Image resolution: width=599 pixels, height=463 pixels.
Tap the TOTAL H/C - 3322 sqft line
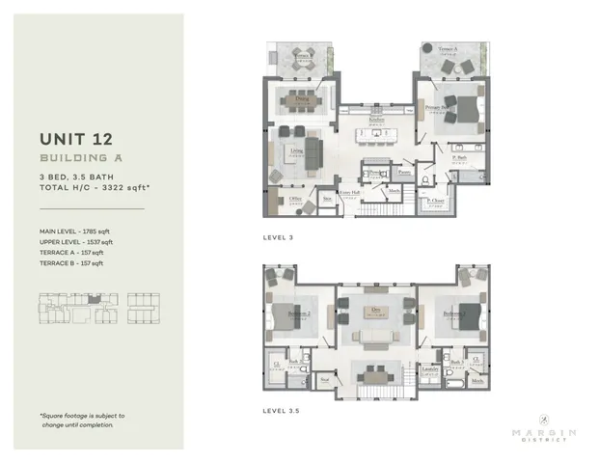pos(86,188)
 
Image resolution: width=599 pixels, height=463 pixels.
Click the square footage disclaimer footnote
pos(82,420)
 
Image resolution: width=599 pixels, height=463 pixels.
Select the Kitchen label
pos(376,118)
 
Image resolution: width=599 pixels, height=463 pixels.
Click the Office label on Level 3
pos(295,199)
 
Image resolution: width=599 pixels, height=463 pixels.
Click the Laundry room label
pos(431,369)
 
